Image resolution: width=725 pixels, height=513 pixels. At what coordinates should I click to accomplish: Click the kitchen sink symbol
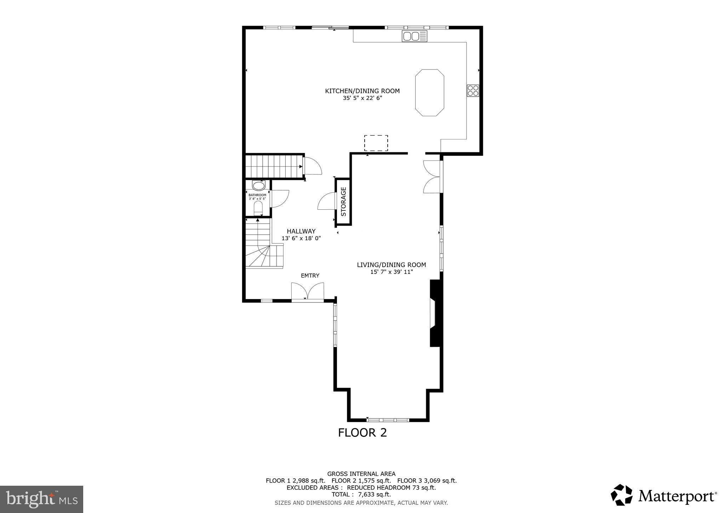coord(414,36)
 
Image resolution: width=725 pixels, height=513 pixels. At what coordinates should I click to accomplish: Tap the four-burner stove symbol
coord(473,91)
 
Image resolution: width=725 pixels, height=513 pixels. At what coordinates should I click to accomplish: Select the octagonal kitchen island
coord(429,92)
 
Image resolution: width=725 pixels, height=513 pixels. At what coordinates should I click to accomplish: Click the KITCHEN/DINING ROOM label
coord(362,91)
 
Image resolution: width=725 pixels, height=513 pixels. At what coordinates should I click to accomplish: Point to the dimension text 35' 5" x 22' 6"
coord(362,98)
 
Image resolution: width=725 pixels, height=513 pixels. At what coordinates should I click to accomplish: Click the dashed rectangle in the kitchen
coord(376,143)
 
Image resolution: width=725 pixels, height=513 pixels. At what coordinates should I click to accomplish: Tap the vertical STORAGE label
coord(343,202)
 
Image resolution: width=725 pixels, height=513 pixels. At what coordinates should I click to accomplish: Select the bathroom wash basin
coord(258,186)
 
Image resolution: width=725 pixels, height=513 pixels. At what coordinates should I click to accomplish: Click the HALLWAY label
coord(301,231)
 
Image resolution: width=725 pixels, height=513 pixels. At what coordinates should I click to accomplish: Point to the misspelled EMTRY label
coord(310,276)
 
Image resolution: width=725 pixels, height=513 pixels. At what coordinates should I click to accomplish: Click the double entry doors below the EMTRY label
coord(308,292)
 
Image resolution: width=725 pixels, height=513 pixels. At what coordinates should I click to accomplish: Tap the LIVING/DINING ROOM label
coord(391,265)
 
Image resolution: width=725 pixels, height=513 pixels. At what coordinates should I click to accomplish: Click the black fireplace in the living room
coord(436,313)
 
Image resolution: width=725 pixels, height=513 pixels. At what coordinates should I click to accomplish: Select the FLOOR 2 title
coord(362,433)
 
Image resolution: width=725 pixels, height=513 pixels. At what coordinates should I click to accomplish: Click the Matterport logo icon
coord(622,495)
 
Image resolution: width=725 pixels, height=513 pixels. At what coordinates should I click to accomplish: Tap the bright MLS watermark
coord(41,499)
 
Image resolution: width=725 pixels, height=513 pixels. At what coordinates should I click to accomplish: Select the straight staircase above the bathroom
coord(274,166)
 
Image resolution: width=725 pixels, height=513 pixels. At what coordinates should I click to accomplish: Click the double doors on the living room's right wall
coord(432,177)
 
